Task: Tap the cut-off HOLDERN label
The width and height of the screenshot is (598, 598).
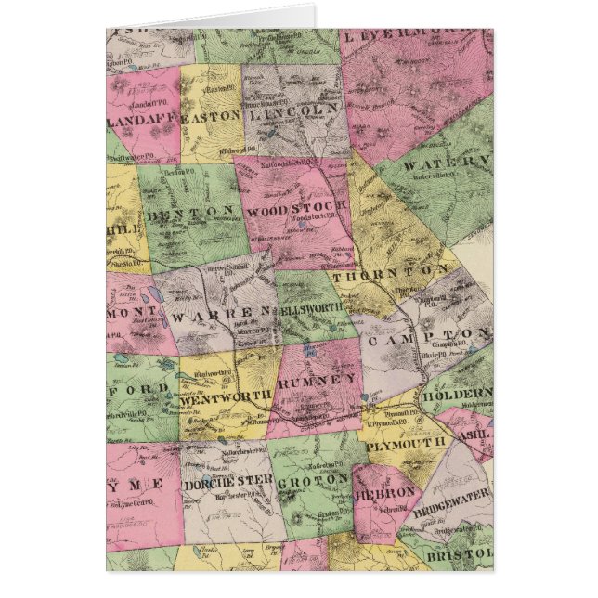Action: [456, 394]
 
